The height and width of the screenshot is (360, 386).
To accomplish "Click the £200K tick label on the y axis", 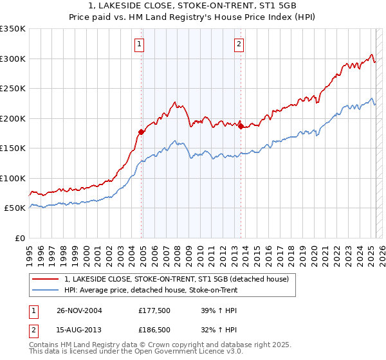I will [13, 118].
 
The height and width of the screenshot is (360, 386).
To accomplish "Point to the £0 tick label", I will [19, 238].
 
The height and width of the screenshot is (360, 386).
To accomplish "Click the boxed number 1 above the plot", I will [140, 44].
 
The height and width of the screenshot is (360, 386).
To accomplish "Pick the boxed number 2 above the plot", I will [239, 44].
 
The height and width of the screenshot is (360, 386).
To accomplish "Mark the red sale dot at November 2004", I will [142, 132].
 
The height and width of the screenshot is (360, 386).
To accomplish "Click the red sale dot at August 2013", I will [241, 127].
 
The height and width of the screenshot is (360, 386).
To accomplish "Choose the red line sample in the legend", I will [45, 280].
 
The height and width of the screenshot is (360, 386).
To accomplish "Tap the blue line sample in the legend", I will [45, 291].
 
